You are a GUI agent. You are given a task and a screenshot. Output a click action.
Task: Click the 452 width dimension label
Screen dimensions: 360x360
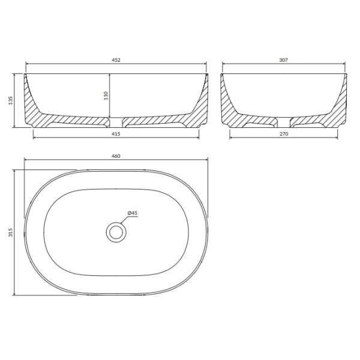click(116, 60)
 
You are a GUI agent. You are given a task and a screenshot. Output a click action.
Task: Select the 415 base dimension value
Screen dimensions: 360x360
click(116, 135)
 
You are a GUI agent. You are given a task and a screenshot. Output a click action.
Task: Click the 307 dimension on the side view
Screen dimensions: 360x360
click(284, 60)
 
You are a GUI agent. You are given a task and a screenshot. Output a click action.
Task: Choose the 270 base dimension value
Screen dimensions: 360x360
click(284, 135)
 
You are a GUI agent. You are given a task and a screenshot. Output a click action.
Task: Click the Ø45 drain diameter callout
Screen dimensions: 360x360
click(133, 213)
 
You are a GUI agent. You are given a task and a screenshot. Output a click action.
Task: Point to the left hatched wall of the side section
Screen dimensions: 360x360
click(229, 108)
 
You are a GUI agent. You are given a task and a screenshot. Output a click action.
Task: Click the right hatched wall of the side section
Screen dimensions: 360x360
click(339, 108)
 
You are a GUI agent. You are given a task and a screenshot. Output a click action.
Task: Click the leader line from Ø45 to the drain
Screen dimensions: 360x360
click(124, 220)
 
